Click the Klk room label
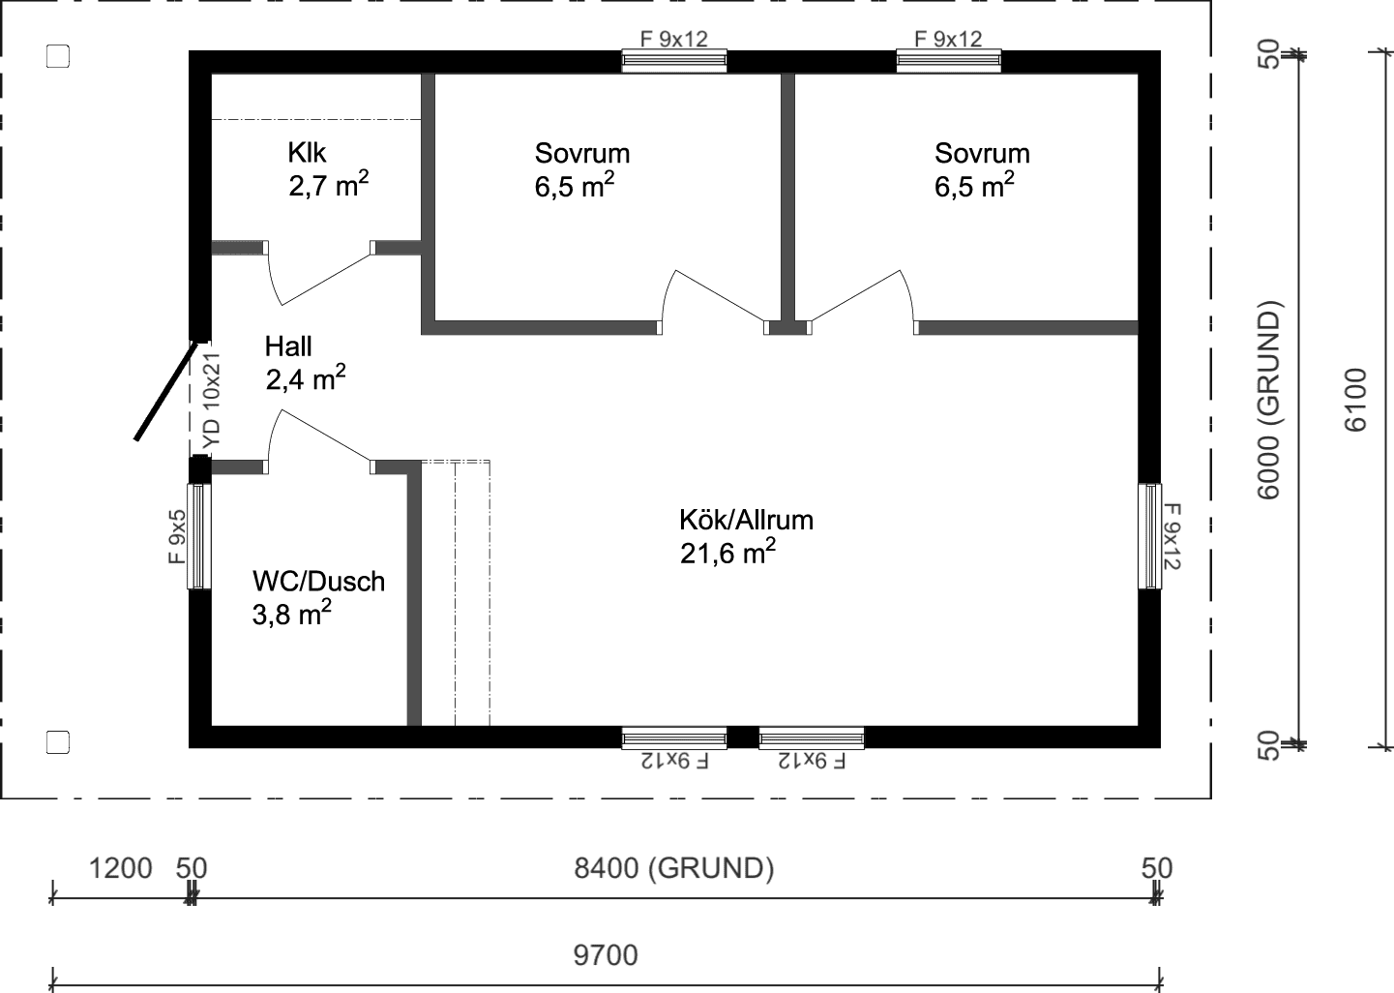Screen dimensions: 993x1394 (x=307, y=153)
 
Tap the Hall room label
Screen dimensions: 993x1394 (x=288, y=346)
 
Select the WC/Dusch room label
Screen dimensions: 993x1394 (x=318, y=581)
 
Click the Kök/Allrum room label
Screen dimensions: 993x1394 (x=746, y=520)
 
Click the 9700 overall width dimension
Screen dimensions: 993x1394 (x=606, y=955)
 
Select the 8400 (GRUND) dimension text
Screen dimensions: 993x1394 (x=674, y=868)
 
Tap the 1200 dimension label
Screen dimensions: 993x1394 (x=120, y=868)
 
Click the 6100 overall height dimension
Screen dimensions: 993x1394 (x=1356, y=399)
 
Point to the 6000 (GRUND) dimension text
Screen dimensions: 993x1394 (x=1269, y=401)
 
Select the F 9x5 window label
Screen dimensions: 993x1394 (x=177, y=537)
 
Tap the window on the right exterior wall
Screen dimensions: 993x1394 (x=1149, y=536)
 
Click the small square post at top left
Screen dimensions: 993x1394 (x=58, y=57)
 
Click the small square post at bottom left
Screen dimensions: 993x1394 (x=58, y=742)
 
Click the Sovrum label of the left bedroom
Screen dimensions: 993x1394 (x=581, y=153)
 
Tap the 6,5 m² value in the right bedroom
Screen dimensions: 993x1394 (x=973, y=186)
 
